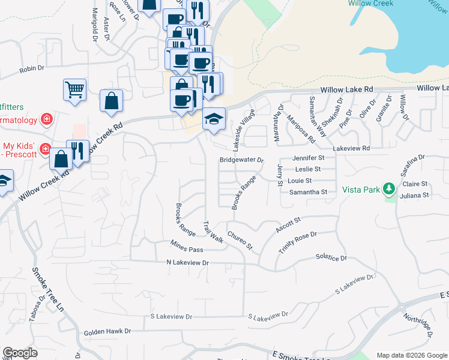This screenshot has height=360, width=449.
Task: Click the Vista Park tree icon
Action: tap(389, 190)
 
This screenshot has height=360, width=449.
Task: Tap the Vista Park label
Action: tap(361, 190)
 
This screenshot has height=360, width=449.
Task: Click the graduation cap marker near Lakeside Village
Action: tap(214, 118)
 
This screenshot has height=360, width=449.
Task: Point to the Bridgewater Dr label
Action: tap(241, 160)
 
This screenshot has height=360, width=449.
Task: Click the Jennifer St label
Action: tap(309, 158)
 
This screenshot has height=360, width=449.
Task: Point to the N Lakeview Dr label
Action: tap(187, 263)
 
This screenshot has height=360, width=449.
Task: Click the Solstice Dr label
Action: tap(331, 257)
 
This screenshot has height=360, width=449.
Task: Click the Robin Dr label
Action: tap(32, 69)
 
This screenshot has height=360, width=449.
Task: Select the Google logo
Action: tap(20, 352)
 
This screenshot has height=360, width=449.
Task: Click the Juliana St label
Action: tap(415, 195)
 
